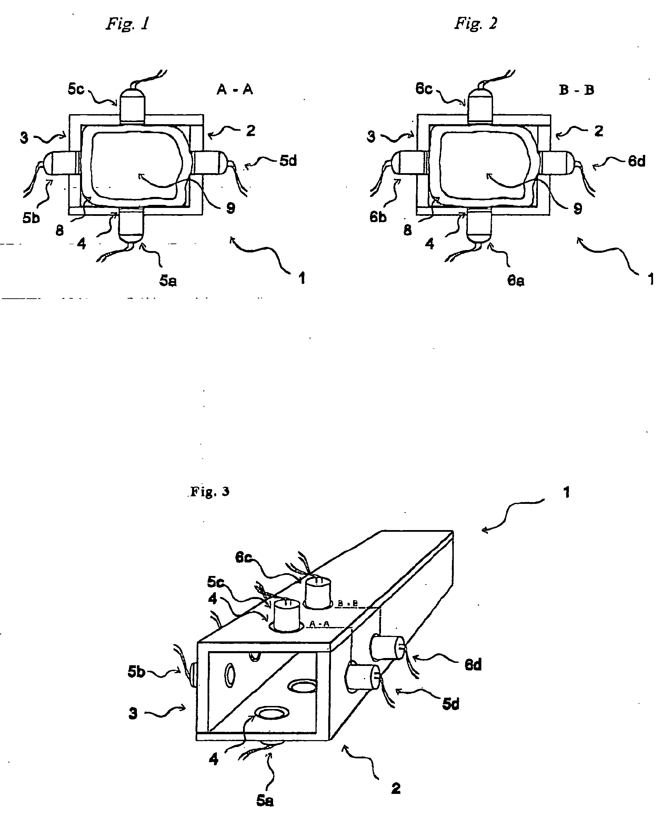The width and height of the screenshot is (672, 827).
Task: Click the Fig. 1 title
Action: click(128, 24)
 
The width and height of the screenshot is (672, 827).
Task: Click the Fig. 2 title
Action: click(476, 24)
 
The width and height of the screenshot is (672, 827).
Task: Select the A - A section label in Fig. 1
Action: click(234, 90)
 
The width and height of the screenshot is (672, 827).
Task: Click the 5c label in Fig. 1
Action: click(76, 89)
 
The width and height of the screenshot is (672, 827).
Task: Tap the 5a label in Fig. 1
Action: click(168, 281)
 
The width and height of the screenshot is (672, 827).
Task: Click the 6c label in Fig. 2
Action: click(423, 89)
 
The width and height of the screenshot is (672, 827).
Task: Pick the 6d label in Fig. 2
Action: click(637, 161)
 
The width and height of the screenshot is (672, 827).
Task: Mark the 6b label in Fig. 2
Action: click(378, 218)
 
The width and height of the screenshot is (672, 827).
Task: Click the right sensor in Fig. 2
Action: click(556, 163)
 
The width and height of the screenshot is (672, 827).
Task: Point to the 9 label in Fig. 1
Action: click(231, 208)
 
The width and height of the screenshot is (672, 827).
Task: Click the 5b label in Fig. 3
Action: click(136, 672)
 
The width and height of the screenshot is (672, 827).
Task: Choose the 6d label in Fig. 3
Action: click(473, 665)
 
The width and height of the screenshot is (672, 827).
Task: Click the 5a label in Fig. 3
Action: click(265, 801)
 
